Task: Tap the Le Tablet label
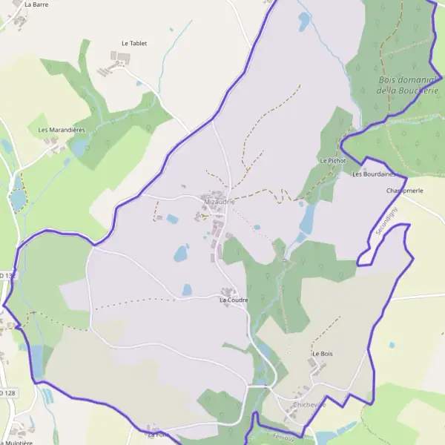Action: pyautogui.click(x=134, y=44)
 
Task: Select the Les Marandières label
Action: pyautogui.click(x=62, y=130)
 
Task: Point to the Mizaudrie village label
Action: pyautogui.click(x=219, y=201)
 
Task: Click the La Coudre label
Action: pyautogui.click(x=233, y=300)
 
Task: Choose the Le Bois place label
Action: pyautogui.click(x=322, y=354)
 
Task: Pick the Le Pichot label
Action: pyautogui.click(x=333, y=160)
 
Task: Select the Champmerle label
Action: pyautogui.click(x=404, y=191)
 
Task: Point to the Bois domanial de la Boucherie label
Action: pyautogui.click(x=404, y=85)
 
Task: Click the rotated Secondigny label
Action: pyautogui.click(x=386, y=221)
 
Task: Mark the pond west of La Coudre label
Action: pyautogui.click(x=181, y=254)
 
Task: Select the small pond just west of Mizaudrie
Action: pyautogui.click(x=173, y=219)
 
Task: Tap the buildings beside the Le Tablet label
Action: pyautogui.click(x=119, y=58)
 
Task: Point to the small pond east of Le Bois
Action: pyautogui.click(x=391, y=345)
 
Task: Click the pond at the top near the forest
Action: pyautogui.click(x=304, y=22)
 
